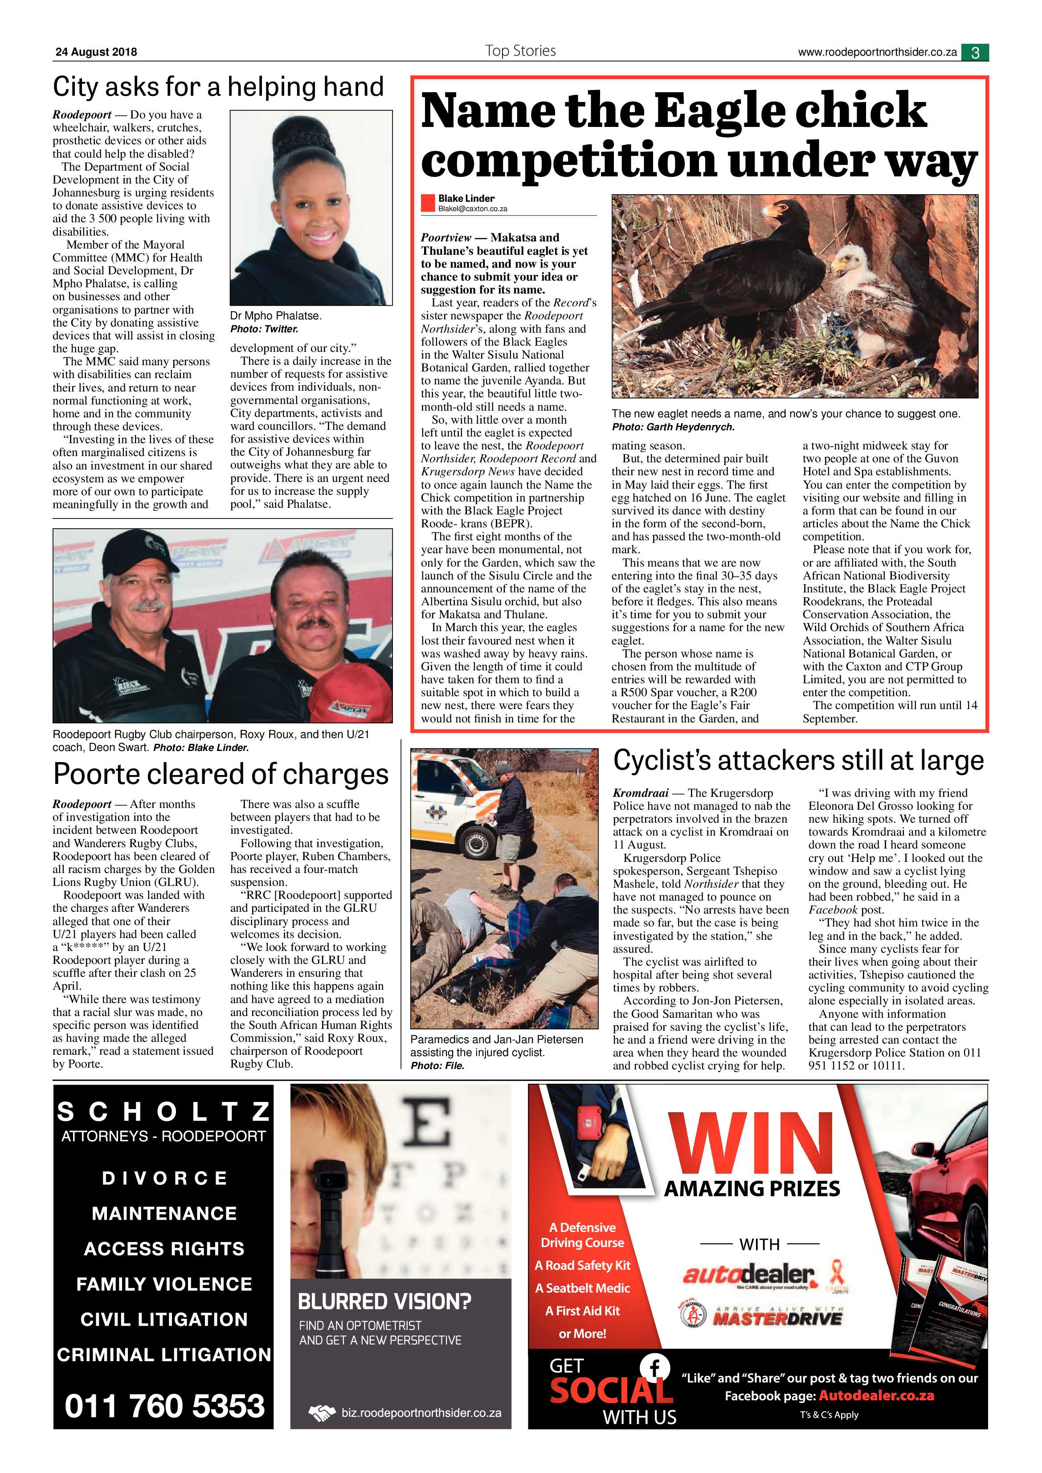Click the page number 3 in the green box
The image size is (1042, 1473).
(975, 53)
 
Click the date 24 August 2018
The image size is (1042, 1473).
(96, 53)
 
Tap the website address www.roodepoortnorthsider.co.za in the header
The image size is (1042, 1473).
(877, 53)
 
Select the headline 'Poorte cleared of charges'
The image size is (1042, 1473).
(221, 774)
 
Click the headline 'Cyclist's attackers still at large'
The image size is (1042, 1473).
(798, 761)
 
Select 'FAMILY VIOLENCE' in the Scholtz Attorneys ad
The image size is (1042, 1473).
(164, 1284)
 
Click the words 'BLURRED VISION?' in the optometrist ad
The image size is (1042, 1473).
(384, 1301)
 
